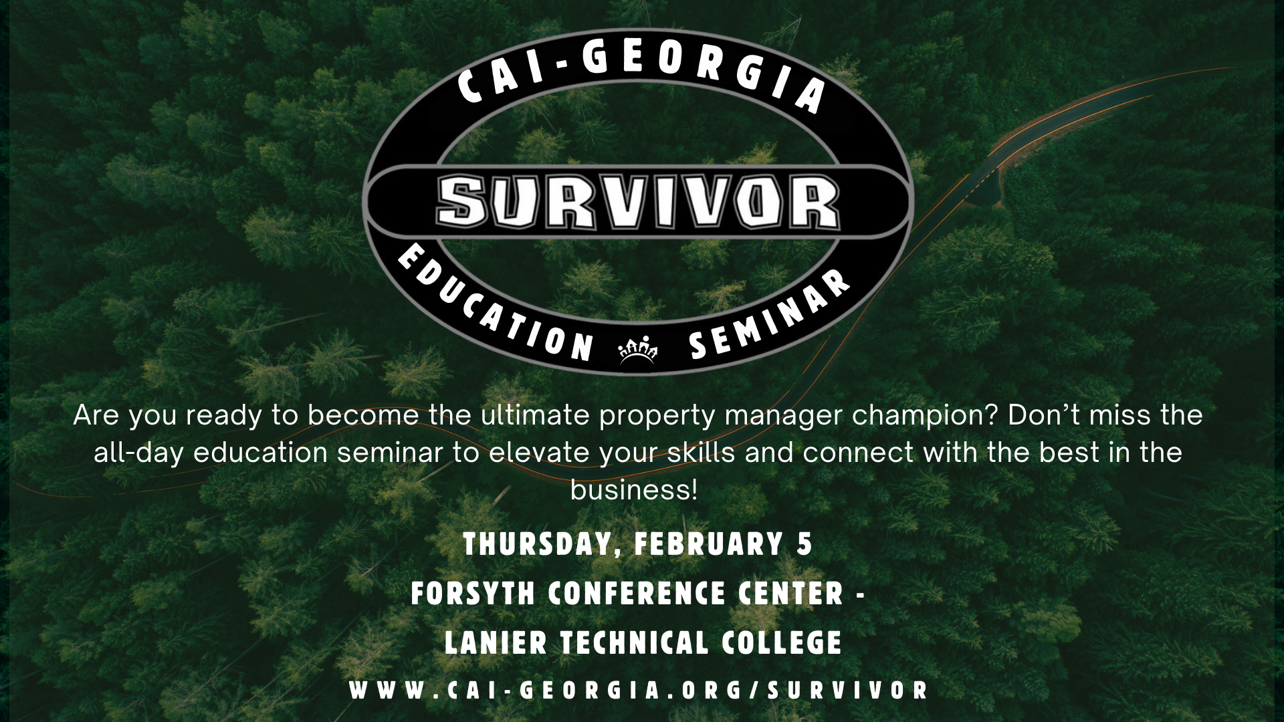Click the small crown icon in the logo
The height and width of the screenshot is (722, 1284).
coord(638,350)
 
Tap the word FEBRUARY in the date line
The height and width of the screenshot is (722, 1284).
coord(708,544)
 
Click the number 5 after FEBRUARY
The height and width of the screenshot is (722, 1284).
coord(805,544)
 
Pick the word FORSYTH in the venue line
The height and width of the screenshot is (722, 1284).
coord(473,594)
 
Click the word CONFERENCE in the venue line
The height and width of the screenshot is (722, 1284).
coord(637,594)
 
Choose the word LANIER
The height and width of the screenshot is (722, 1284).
coord(496,643)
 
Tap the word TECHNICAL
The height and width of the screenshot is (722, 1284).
coord(634,643)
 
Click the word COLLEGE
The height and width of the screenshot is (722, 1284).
coord(782,643)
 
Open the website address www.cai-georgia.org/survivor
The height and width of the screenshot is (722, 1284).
coord(639,691)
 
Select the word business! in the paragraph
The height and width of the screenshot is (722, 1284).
coord(634,490)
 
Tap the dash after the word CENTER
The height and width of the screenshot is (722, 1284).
coord(860,594)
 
